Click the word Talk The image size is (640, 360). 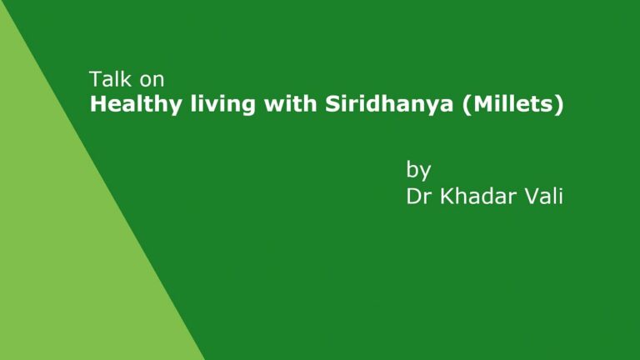[x=111, y=79]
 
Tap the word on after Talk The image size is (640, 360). [x=152, y=81]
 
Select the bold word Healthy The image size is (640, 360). [x=136, y=105]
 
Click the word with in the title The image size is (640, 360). [x=290, y=103]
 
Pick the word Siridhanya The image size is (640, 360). [x=389, y=105]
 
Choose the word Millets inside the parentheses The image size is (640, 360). [x=513, y=103]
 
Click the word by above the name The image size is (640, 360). [x=418, y=171]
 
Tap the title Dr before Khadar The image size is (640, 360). [x=419, y=197]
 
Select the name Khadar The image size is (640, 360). [x=478, y=196]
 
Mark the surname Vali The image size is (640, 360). [x=543, y=196]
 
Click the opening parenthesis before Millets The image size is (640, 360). [x=467, y=105]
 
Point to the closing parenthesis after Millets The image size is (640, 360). [x=559, y=105]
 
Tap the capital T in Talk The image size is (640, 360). [x=96, y=79]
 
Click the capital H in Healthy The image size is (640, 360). [x=98, y=104]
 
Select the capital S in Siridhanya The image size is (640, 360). [x=333, y=104]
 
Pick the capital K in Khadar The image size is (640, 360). [x=447, y=197]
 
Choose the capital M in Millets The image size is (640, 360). [x=483, y=104]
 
